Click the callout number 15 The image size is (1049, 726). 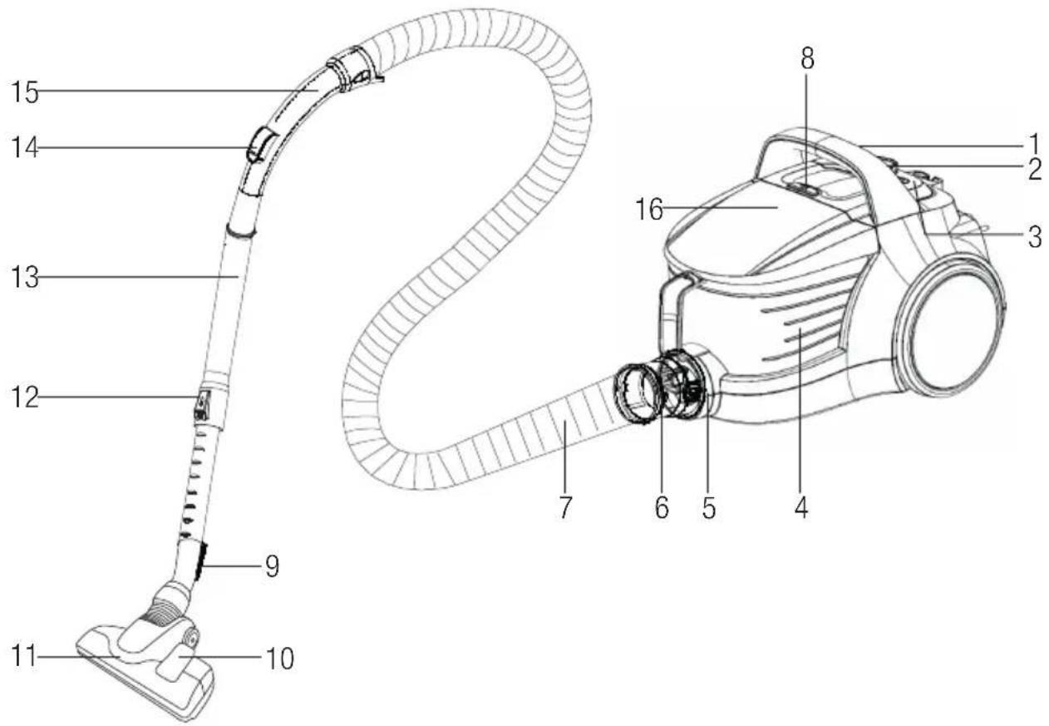point(25,92)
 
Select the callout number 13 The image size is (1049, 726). point(25,277)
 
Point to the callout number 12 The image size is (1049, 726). point(25,398)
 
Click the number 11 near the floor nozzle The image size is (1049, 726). point(23,656)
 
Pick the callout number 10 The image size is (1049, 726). point(279,659)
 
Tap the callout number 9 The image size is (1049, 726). point(272,567)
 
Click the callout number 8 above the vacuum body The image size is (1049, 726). point(807,59)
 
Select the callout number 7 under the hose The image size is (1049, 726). point(565,506)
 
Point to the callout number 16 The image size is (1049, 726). point(649,209)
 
